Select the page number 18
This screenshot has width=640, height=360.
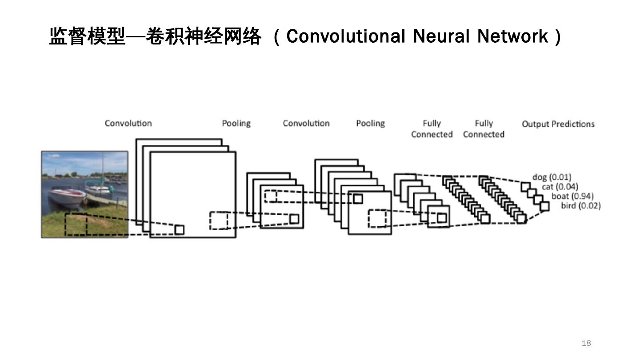(586, 343)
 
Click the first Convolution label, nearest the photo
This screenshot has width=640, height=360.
(128, 123)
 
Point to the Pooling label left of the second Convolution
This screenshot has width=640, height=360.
(236, 123)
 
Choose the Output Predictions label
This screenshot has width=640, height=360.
(558, 124)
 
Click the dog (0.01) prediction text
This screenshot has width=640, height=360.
(552, 177)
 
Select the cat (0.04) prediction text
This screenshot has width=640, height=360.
(560, 187)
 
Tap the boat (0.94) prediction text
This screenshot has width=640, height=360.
(572, 196)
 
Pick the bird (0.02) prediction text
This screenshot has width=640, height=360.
(580, 205)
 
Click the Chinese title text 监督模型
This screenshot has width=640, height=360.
(87, 36)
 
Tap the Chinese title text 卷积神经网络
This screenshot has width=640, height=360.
(203, 36)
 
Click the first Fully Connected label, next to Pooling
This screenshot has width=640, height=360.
(432, 128)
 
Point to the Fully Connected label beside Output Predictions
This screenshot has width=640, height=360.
(484, 128)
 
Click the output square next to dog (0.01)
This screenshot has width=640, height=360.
(526, 186)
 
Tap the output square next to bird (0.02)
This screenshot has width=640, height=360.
(544, 206)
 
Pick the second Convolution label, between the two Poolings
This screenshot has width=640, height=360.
(306, 123)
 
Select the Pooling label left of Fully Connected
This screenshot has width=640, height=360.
(370, 123)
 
